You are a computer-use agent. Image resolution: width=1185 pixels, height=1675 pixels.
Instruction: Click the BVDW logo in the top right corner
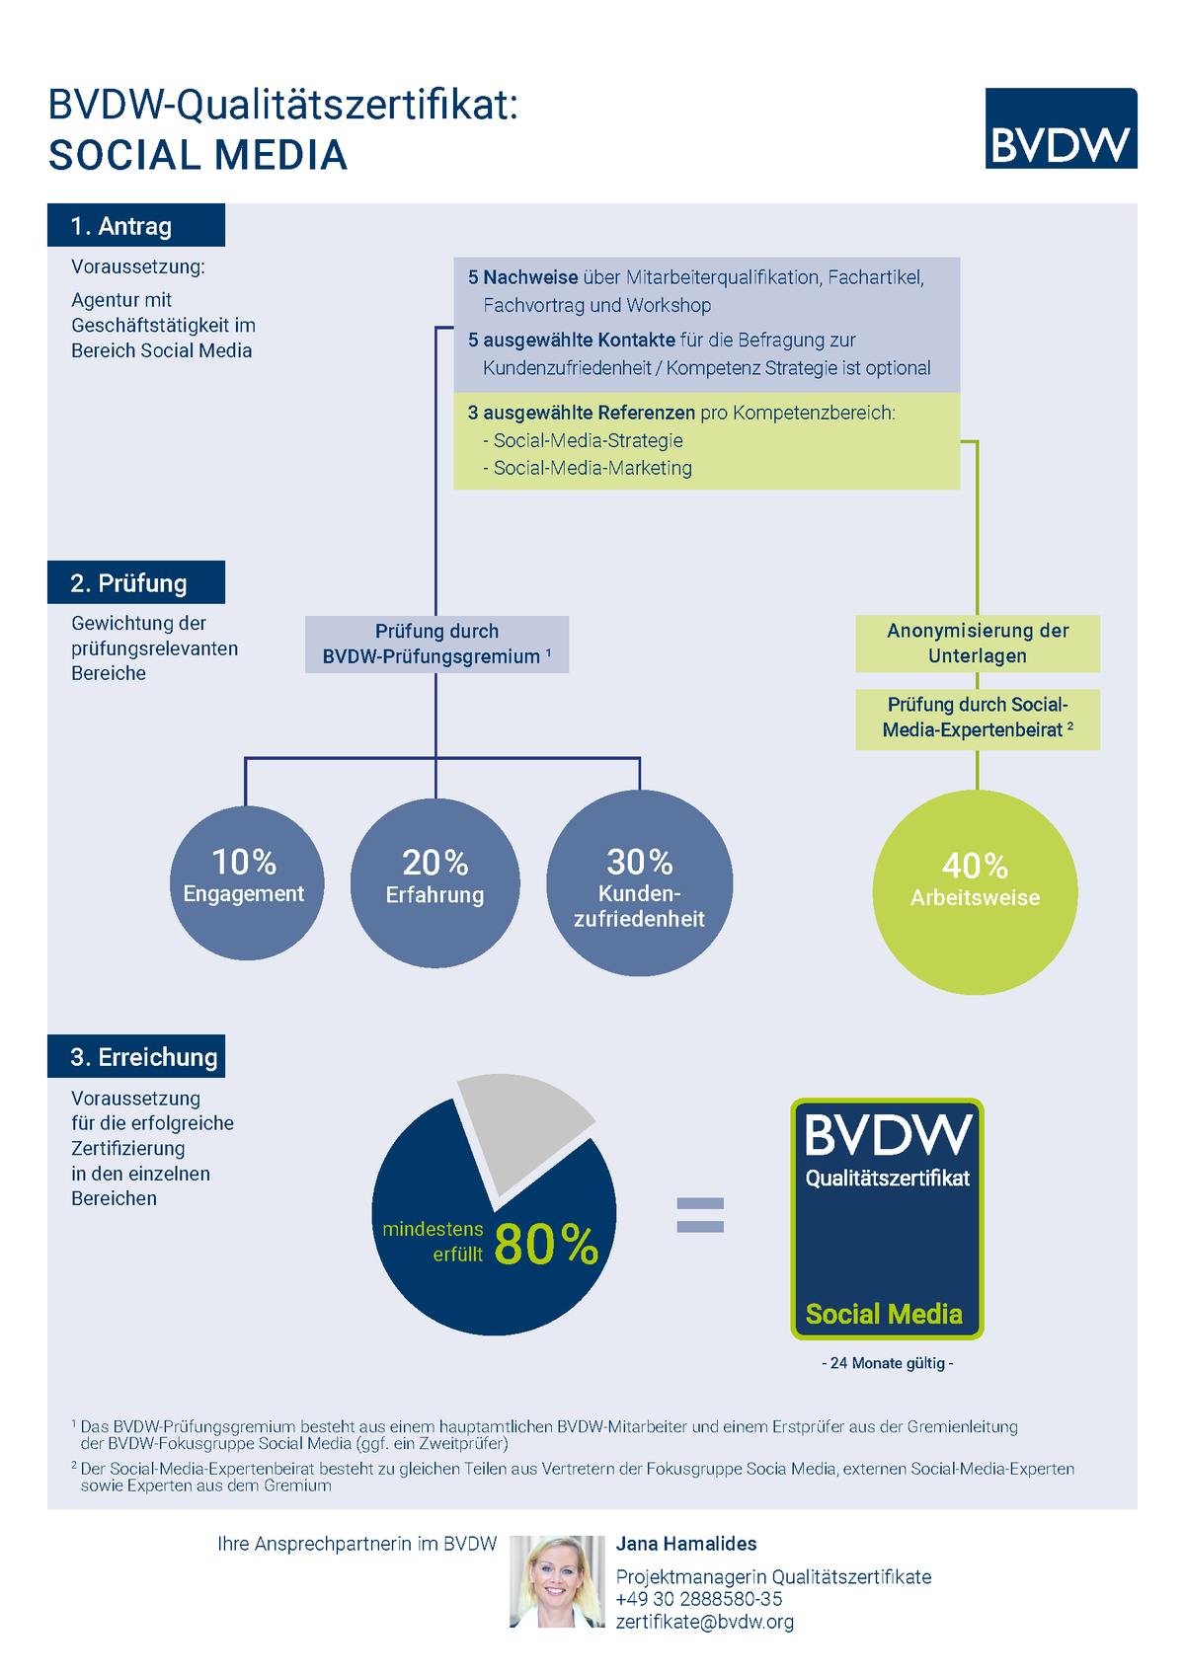pos(1061,128)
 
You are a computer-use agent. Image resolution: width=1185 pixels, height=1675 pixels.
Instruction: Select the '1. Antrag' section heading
pos(136,225)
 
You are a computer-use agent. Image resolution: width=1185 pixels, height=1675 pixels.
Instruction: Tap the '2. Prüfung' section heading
pos(136,582)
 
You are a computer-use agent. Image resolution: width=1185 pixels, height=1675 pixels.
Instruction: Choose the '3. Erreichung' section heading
pos(136,1056)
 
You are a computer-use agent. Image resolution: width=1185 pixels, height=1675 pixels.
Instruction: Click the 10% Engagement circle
pos(246,883)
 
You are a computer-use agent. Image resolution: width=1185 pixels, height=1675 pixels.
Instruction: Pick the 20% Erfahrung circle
pos(435,883)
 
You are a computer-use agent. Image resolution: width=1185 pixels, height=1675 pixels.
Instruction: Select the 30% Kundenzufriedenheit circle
pos(640,883)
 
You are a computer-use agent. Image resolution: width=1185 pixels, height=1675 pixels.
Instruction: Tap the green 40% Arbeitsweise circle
pos(975,892)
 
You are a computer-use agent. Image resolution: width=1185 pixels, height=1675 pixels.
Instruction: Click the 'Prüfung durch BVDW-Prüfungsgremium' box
pos(436,644)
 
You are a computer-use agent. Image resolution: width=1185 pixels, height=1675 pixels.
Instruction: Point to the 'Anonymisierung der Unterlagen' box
pos(978,644)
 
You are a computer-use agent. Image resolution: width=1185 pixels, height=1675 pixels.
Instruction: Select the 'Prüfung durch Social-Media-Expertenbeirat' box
pos(978,720)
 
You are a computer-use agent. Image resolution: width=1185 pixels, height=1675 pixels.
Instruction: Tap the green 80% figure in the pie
pos(546,1245)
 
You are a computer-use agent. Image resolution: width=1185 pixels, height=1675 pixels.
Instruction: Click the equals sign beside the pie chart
pos(700,1214)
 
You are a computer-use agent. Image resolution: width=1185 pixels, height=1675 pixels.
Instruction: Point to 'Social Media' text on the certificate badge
pos(884,1313)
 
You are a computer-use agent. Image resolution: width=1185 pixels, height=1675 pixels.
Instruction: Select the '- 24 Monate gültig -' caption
pos(887,1363)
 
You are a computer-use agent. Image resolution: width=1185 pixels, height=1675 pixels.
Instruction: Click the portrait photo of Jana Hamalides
pos(557,1581)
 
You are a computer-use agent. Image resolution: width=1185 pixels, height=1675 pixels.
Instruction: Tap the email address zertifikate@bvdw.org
pos(705,1621)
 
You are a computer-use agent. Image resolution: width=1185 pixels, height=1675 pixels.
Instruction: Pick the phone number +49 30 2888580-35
pos(699,1599)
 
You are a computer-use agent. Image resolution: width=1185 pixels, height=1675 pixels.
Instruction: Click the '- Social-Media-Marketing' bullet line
pos(588,468)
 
